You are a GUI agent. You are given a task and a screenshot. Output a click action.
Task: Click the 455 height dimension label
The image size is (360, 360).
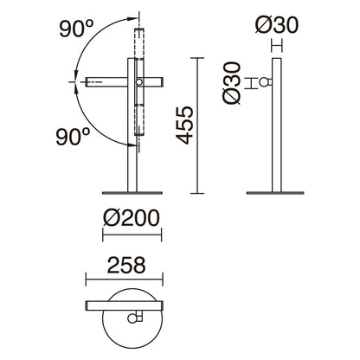tap(184, 125)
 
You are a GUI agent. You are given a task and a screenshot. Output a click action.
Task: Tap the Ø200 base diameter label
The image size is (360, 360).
tap(132, 218)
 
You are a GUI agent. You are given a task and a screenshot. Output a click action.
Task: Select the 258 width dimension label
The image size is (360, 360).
tap(126, 266)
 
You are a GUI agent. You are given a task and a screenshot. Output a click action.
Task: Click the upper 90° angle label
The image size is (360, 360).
tap(76, 29)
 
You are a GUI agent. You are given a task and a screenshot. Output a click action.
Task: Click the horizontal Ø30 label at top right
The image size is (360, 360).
tap(277, 25)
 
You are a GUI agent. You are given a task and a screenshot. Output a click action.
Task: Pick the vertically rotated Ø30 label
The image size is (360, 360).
tap(232, 82)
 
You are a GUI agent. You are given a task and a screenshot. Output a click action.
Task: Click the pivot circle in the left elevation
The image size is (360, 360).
tap(139, 82)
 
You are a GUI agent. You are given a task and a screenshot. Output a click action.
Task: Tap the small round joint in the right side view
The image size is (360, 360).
tap(263, 82)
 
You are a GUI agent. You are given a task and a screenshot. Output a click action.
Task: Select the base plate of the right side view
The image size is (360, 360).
tap(275, 193)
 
